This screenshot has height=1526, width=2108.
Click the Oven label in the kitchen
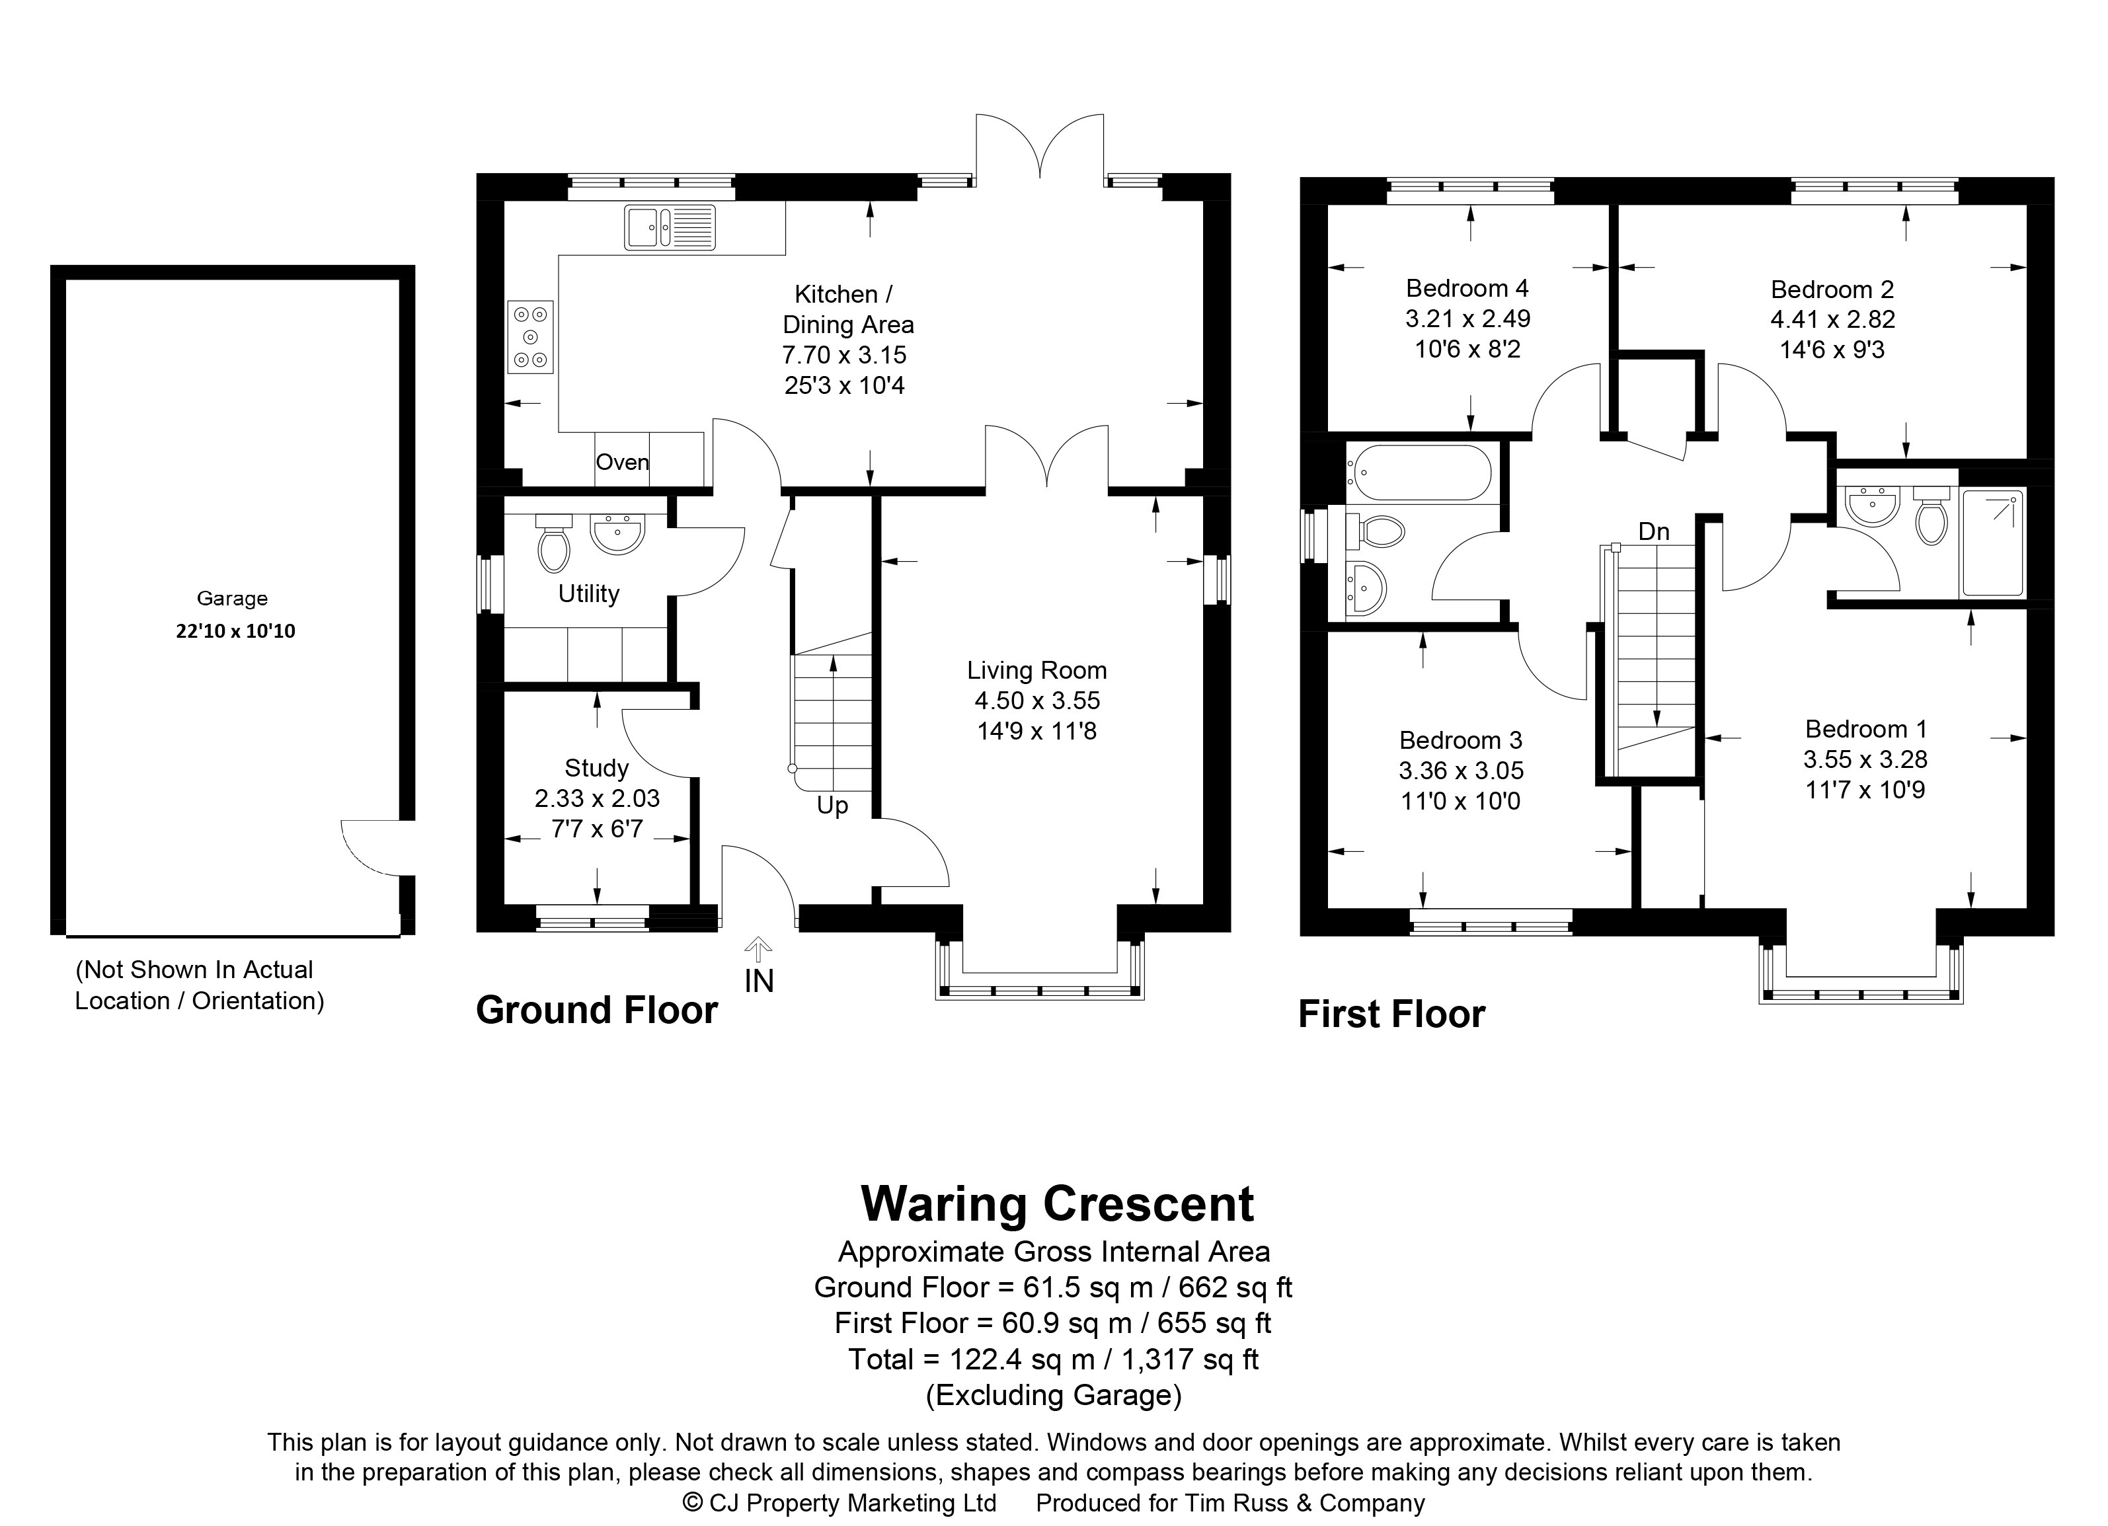(622, 462)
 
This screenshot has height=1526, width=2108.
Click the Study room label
(597, 768)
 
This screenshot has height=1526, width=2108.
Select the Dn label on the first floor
(1653, 531)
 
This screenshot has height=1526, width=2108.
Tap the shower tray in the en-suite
(1991, 544)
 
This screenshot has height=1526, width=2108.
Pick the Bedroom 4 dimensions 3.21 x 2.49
(1467, 319)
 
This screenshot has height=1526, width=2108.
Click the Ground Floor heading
(597, 1011)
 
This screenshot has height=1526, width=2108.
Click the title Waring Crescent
(1058, 1203)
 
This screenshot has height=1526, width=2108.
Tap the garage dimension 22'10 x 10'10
(235, 631)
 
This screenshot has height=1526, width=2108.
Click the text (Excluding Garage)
(1054, 1395)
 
